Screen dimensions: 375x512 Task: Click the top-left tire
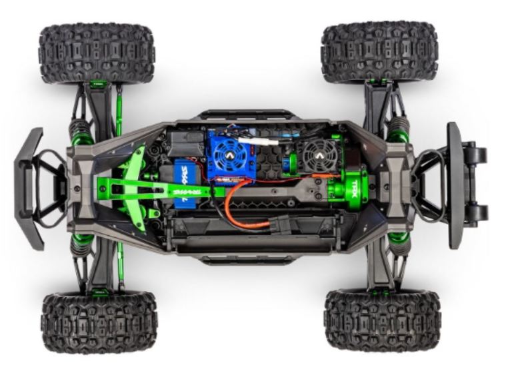pos(97,53)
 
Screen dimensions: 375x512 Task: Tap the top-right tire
pos(379,52)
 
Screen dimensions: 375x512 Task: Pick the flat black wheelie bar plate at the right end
pos(455,185)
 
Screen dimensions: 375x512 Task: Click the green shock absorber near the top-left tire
pos(83,133)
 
